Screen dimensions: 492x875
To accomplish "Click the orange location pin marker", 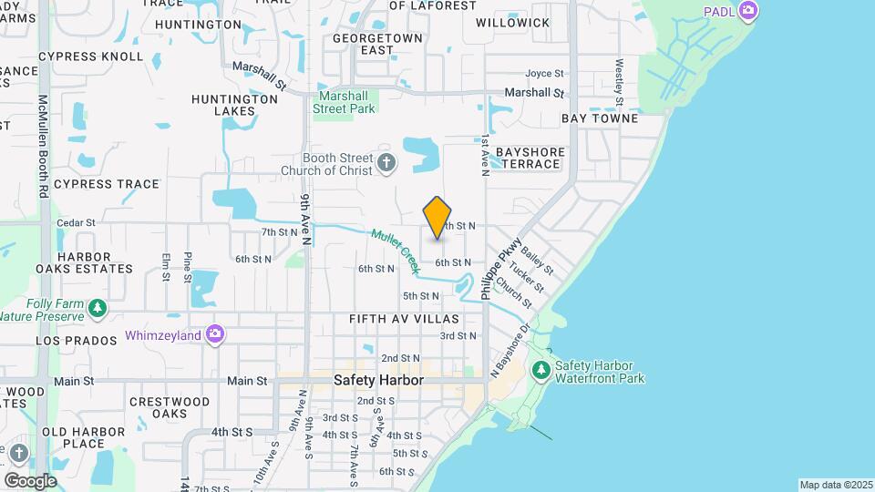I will (x=437, y=218).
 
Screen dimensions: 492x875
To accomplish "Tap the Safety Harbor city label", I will (x=378, y=380).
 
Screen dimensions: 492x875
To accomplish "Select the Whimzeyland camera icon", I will (x=215, y=334).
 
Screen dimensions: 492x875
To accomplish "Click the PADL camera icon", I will (x=748, y=11).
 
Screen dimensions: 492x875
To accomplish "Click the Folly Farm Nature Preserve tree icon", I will (x=97, y=310).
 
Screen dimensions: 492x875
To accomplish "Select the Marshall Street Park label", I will (x=345, y=102).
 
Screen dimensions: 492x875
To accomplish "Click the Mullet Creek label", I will (x=394, y=250).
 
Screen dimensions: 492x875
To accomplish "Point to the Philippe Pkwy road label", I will (x=500, y=268).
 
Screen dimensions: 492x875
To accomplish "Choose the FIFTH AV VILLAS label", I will (x=404, y=319).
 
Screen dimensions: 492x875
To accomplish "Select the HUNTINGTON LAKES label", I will (x=235, y=105).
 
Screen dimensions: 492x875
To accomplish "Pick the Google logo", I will (x=30, y=480).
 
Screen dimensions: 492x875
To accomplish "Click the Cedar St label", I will (x=76, y=222).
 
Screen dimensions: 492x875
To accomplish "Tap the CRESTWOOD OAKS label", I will (x=170, y=407).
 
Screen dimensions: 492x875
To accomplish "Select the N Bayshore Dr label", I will (x=510, y=352).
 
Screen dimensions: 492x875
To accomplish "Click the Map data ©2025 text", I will (x=834, y=485).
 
